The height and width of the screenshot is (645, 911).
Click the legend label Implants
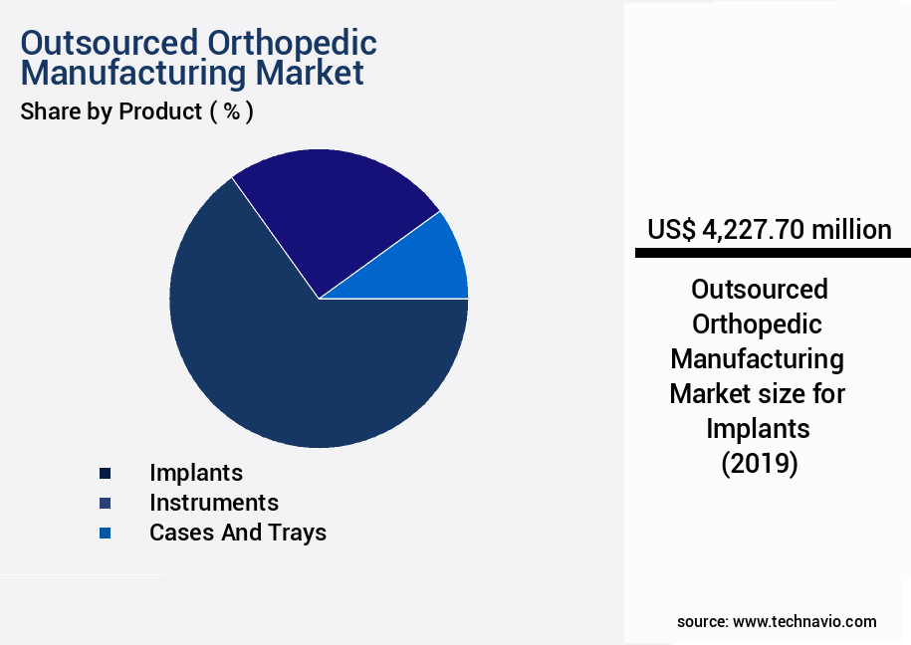coord(196,473)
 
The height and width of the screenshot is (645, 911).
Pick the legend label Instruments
coord(214,503)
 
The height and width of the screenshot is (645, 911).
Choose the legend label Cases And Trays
coord(238,533)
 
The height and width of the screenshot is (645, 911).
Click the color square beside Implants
coord(105,474)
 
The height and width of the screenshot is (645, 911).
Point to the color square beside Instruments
coord(105,504)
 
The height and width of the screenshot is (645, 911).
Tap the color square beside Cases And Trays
coord(105,534)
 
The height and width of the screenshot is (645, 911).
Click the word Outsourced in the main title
coord(110,44)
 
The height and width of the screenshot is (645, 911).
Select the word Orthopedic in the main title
coord(292,44)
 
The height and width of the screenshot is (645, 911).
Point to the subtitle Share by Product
coord(111,111)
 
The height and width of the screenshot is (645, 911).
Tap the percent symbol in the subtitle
coord(231,111)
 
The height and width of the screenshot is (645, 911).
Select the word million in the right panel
coord(851,230)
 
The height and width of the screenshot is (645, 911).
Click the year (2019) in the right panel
coord(760,463)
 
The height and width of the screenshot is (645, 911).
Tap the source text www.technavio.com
coord(804,621)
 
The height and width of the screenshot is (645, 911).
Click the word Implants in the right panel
coord(759,428)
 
